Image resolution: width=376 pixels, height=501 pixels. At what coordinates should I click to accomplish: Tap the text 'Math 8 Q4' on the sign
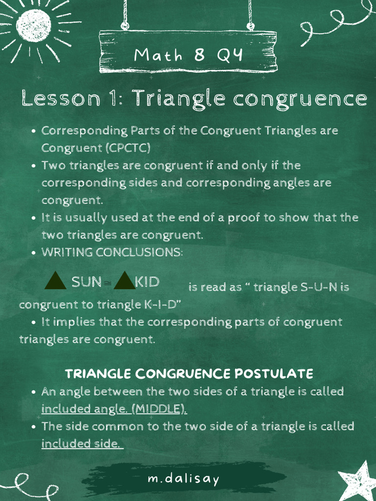coord(188,55)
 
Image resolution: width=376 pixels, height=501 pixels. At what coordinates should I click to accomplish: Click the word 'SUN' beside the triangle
coord(87,282)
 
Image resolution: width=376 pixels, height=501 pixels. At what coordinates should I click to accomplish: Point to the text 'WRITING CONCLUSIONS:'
coord(112,252)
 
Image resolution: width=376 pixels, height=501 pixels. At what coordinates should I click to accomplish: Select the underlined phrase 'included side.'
coord(82,444)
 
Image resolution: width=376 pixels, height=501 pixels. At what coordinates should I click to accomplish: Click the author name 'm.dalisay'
coord(184,478)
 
